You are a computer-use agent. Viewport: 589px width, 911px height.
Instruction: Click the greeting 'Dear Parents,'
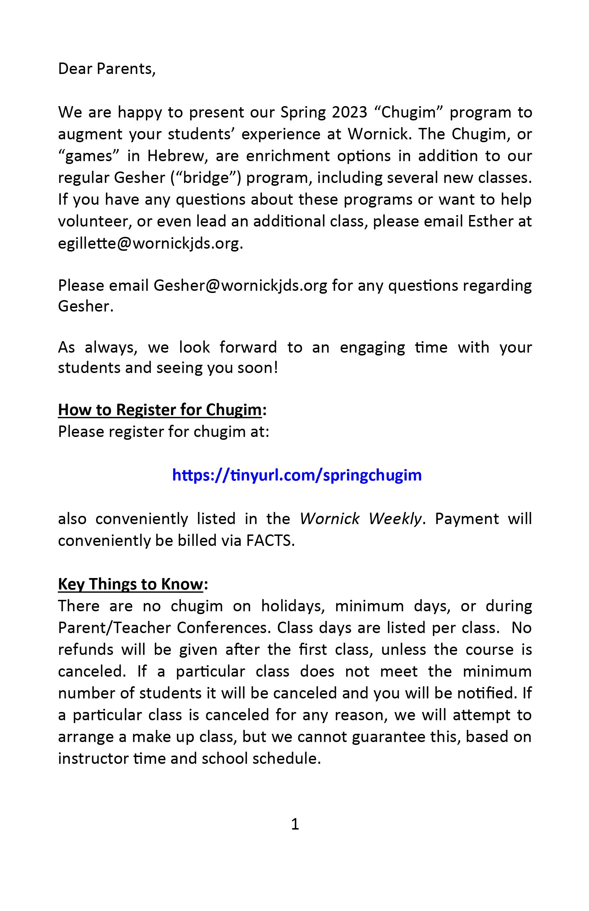[x=107, y=69]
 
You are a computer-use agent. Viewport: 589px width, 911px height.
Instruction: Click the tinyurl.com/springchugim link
[x=297, y=475]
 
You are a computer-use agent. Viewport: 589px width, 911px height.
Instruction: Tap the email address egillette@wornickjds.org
[x=150, y=243]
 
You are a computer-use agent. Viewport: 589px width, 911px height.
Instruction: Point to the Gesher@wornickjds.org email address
[x=240, y=285]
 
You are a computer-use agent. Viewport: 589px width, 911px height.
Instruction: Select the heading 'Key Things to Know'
[x=130, y=584]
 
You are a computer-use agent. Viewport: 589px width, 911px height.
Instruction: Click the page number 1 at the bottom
[x=295, y=824]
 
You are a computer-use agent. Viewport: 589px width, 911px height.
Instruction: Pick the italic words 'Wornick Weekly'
[x=361, y=519]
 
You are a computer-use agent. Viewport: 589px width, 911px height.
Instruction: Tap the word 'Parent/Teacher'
[x=114, y=628]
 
